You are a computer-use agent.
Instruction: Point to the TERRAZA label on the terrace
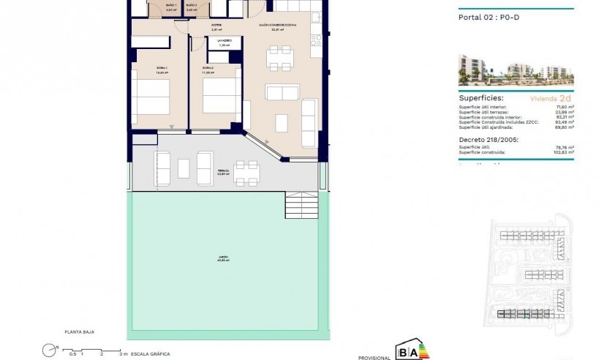click(x=223, y=171)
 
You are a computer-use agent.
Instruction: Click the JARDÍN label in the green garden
click(x=222, y=258)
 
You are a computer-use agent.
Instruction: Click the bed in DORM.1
click(x=151, y=96)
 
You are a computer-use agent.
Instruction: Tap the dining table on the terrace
click(x=247, y=170)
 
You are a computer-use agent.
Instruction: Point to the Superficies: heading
click(x=480, y=97)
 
